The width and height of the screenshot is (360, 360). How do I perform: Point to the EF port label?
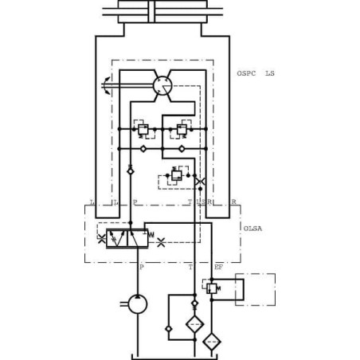[218, 267]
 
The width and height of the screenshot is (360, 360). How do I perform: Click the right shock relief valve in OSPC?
[182, 127]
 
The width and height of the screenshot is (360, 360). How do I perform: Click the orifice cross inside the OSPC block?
[198, 182]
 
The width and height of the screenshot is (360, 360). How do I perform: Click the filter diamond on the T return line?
[194, 324]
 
